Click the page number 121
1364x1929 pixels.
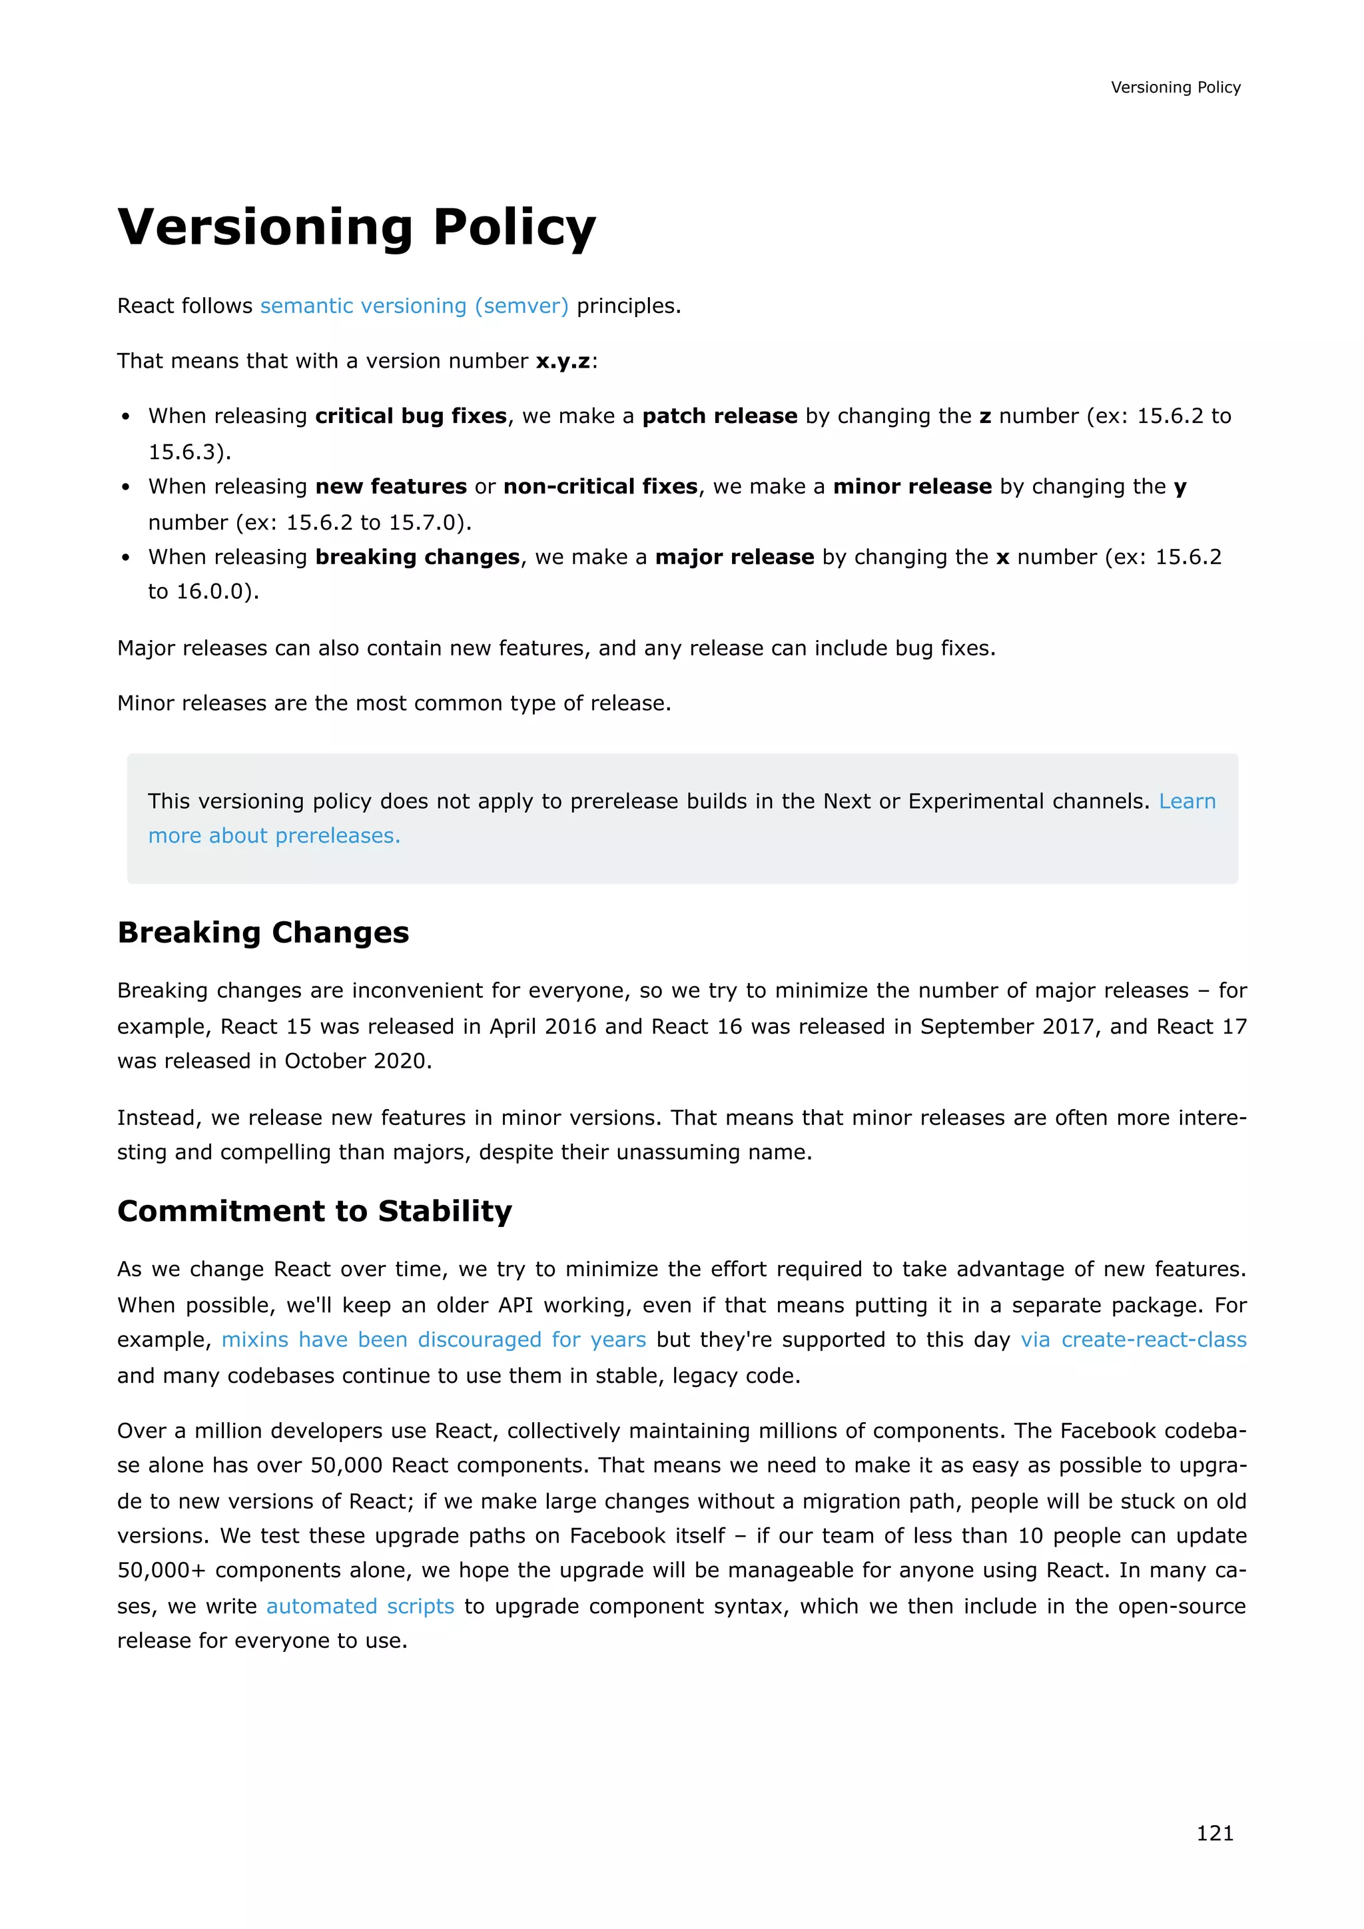tap(1215, 1832)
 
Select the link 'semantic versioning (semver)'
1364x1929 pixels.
tap(414, 306)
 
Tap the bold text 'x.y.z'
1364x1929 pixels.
tap(563, 361)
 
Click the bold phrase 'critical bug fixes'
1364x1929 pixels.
tap(411, 416)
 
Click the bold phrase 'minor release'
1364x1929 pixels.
tap(912, 486)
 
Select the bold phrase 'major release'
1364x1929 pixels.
tap(734, 557)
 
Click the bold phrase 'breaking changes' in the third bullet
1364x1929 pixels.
tap(418, 557)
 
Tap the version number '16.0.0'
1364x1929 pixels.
tap(214, 591)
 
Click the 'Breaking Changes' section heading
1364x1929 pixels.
tap(263, 933)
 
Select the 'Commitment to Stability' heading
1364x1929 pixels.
tap(314, 1211)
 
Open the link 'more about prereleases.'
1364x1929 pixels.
tap(274, 836)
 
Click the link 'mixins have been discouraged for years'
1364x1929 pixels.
tap(434, 1340)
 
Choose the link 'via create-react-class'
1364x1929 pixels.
tap(1133, 1340)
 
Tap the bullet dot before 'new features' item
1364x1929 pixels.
tap(126, 488)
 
